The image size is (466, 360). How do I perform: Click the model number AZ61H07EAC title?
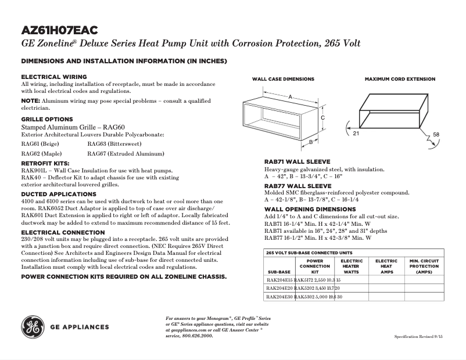pos(59,30)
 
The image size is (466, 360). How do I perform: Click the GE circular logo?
pos(33,327)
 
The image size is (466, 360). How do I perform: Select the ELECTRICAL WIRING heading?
pos(54,77)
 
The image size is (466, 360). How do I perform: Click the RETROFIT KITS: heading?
pos(45,164)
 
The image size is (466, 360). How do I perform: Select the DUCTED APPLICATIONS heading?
pos(59,194)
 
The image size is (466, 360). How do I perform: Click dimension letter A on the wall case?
pos(289,97)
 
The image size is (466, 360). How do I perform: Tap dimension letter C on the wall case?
pos(322,117)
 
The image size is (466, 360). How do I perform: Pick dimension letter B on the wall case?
pos(311,142)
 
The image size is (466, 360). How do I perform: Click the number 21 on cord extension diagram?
pos(356,134)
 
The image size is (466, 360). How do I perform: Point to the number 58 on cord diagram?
pos(436,135)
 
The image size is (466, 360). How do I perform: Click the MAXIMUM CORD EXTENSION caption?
pos(400,79)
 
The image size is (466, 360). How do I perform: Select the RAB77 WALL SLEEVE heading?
pos(298,186)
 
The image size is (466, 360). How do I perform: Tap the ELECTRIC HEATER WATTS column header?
pos(351,267)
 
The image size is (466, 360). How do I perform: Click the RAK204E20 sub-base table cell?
pos(279,288)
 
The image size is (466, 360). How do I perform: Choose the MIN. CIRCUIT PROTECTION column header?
pos(424,267)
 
